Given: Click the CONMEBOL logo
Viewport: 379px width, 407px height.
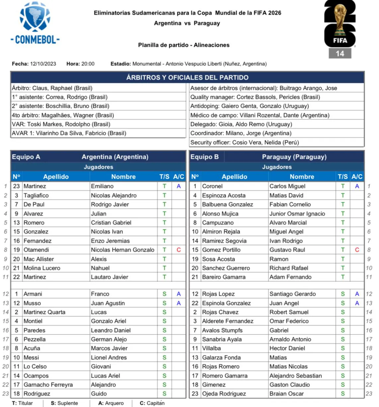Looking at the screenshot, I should (35, 23).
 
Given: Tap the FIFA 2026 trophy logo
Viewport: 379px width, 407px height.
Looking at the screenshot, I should (340, 23).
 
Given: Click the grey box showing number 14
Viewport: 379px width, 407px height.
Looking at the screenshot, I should (340, 53).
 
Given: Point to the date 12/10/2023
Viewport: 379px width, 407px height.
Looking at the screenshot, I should (43, 64).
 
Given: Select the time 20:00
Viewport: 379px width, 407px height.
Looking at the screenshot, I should (88, 64).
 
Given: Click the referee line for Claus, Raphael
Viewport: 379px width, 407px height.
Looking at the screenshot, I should (52, 88).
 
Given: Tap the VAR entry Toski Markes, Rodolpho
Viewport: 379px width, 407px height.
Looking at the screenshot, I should (61, 124).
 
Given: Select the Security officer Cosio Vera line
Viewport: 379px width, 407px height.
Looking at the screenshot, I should (245, 143).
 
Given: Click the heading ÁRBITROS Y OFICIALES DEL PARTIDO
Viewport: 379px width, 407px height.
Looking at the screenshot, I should (187, 78).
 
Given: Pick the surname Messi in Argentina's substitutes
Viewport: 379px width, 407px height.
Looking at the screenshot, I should (31, 358).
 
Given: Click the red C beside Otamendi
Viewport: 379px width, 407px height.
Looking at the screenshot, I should (179, 250).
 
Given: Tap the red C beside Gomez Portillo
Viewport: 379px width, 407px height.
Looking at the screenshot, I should (357, 250).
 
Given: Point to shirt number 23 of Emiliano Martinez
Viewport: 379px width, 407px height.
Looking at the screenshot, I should (17, 186).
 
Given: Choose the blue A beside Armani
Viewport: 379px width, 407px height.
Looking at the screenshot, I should (179, 294).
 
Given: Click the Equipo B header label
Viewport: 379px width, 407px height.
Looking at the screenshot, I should (204, 157).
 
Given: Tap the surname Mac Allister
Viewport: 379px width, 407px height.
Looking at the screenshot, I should (38, 259).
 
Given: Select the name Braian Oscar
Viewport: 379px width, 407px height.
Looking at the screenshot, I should (286, 394).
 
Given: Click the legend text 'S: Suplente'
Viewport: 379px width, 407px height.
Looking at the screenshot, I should (64, 403).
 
